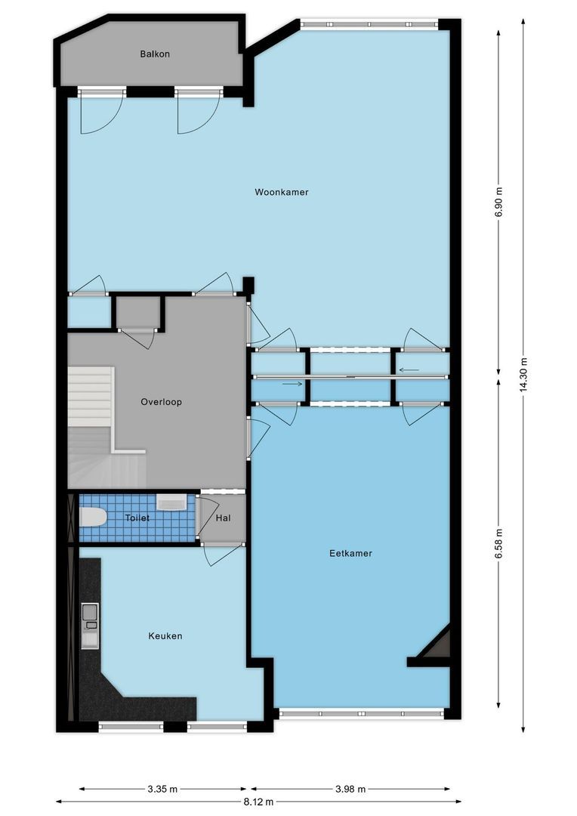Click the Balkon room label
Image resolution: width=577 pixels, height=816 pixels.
point(155,54)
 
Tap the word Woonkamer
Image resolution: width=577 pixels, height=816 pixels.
point(282,192)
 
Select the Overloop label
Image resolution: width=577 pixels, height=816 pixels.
point(162,402)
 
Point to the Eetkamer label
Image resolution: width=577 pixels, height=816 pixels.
point(350,553)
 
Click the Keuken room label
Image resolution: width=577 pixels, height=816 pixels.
point(165,636)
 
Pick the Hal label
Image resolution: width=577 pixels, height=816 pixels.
point(223,518)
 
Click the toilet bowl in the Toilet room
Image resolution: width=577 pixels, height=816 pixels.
point(93,518)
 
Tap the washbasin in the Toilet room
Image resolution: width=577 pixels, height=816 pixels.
point(171,502)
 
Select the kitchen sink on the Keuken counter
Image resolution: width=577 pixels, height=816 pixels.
point(90,626)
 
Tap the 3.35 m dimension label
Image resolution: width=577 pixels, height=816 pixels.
point(162,789)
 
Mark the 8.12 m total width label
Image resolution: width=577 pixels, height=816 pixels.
point(258,802)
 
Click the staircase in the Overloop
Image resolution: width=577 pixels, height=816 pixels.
point(106,427)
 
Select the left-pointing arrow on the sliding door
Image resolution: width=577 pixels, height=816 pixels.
point(409,370)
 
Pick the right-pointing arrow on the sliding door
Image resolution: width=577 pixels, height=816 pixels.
point(292,384)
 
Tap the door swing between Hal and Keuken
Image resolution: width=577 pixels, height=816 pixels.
point(222,555)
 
